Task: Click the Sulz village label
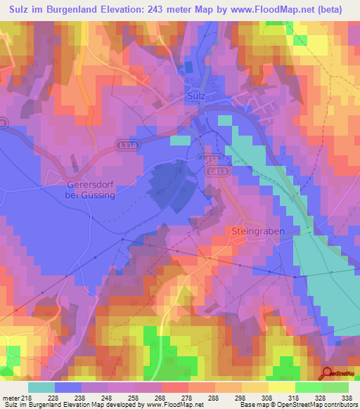pyautogui.click(x=196, y=94)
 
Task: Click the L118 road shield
pyautogui.click(x=126, y=143)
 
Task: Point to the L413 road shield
pyautogui.click(x=216, y=170)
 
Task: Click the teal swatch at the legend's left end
pyautogui.click(x=41, y=387)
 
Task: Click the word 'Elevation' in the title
pyautogui.click(x=110, y=9)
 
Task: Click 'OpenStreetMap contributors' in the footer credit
pyautogui.click(x=315, y=405)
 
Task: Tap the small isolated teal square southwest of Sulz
pyautogui.click(x=180, y=141)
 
